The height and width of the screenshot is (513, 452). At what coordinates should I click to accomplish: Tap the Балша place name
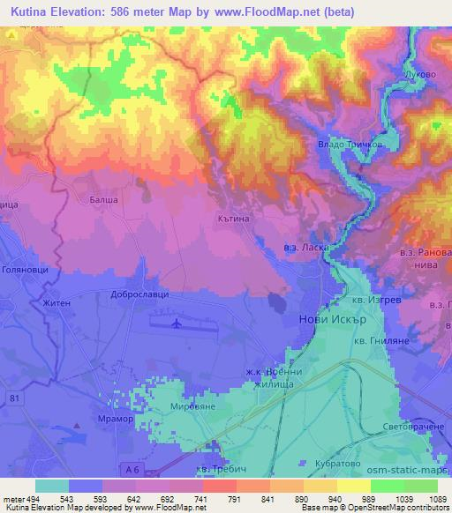105,202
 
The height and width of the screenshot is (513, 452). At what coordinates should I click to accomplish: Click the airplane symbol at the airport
177,323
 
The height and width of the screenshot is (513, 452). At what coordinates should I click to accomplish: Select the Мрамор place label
114,420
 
